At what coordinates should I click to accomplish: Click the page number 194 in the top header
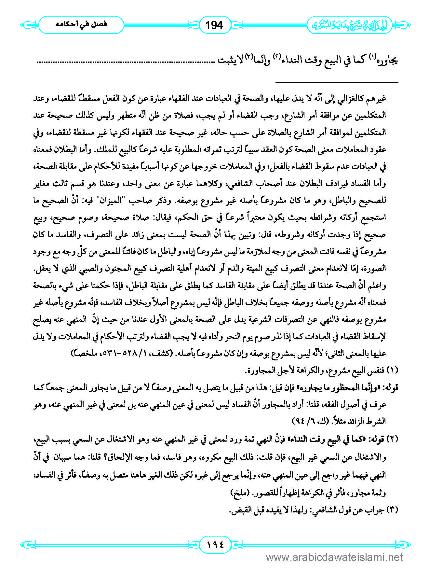[214, 25]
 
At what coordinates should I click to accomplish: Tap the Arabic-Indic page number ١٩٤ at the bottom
[215, 544]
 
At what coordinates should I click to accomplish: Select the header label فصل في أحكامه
[81, 24]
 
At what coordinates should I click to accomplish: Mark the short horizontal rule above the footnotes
[337, 82]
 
